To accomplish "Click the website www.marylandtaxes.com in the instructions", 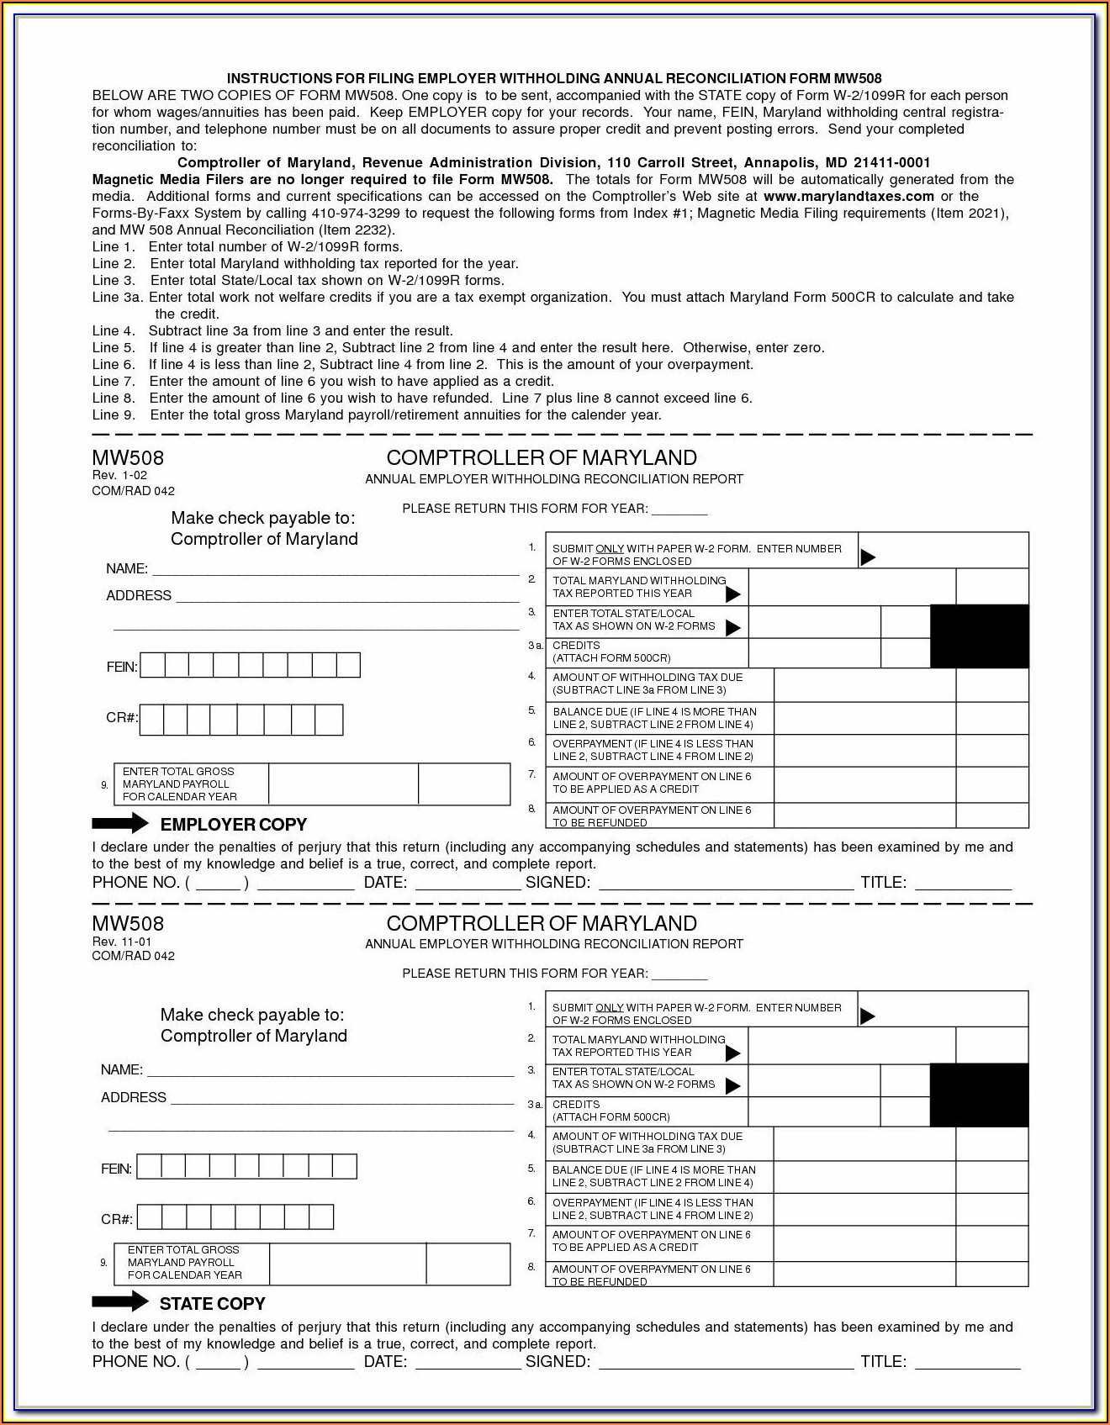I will [848, 196].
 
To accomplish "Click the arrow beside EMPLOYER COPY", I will [119, 823].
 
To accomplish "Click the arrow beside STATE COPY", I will [119, 1302].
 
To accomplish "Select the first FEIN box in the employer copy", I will [152, 666].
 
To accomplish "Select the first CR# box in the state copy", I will [149, 1217].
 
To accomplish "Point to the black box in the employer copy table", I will [979, 636].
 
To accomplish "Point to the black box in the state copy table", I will [979, 1095].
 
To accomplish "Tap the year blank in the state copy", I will [679, 974].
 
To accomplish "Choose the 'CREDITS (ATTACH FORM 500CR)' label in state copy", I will [610, 1111].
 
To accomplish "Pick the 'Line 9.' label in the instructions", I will [113, 414].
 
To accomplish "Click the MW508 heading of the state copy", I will [128, 923].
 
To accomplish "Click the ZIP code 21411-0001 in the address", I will [891, 162].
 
